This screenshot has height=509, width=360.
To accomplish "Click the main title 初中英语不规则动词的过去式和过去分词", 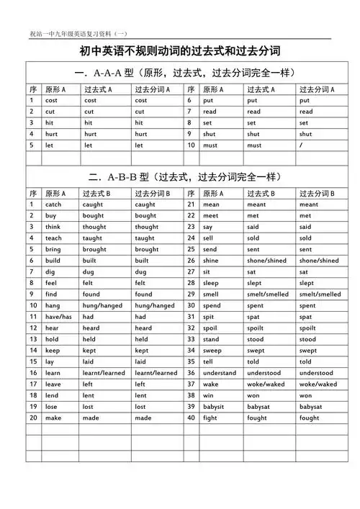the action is pos(179,51).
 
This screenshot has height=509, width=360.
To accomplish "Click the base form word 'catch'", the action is pos(53,204).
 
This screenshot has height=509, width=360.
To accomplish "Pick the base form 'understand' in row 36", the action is pos(220,373).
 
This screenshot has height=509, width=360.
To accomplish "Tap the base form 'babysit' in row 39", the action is pos(215,407).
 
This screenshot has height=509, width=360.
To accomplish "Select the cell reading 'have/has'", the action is pos(58,317).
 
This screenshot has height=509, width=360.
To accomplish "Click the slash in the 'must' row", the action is pos(301,145).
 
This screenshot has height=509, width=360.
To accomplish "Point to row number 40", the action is pos(191,418).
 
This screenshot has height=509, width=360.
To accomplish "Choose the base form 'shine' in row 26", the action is pos(211,261).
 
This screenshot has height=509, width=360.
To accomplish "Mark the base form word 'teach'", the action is pos(53,238).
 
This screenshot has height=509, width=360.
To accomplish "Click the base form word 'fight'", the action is pos(210,418).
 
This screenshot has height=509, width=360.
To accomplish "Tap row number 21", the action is pos(191,204).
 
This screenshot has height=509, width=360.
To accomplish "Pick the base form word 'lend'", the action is pos(52,395).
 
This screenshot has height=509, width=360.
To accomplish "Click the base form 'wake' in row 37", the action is pos(210,384).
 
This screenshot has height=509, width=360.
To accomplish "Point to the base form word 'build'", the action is pos(53,261).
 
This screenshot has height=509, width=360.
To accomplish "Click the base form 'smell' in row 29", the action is pos(211,294).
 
